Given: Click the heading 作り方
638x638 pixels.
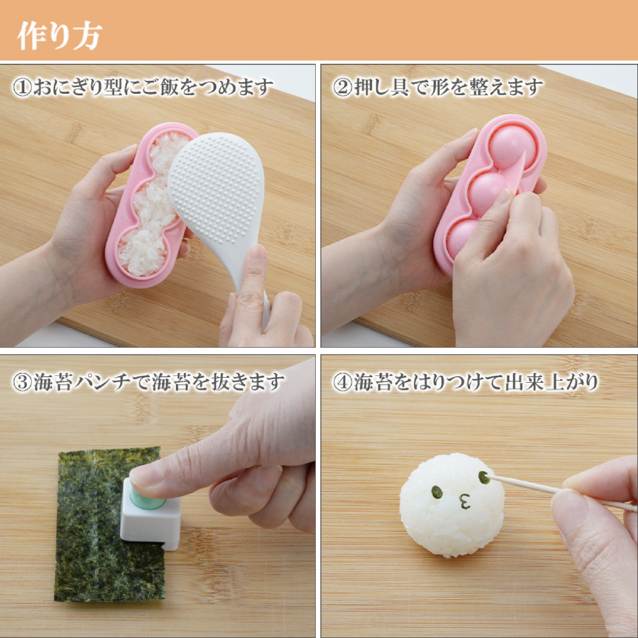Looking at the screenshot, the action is (59, 36).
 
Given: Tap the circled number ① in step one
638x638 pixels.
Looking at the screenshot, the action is (22, 87).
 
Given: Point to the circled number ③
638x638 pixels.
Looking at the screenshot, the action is (22, 382).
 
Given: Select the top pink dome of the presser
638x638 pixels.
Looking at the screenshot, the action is (512, 147).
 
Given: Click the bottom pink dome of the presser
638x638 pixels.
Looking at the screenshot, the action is (463, 237).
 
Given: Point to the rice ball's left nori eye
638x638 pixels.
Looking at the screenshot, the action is (437, 492).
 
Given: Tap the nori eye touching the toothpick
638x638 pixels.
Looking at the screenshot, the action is (484, 477).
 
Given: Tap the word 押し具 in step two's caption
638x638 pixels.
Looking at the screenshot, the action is (381, 87).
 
